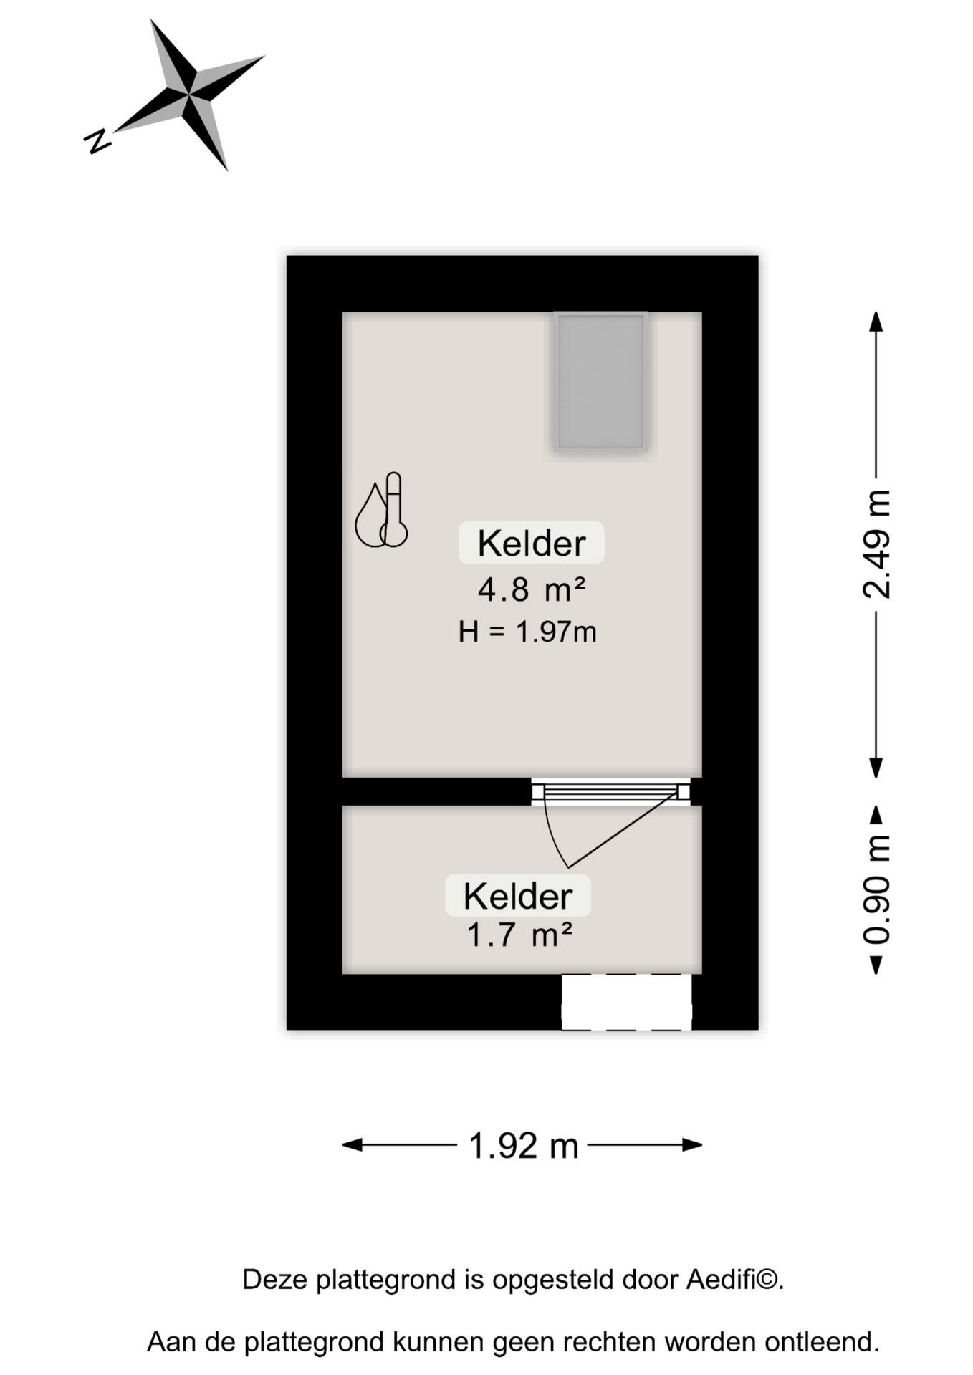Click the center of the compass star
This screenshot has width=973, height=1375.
click(189, 94)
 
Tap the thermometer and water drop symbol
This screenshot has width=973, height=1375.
click(381, 510)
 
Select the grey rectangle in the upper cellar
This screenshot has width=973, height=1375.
click(600, 382)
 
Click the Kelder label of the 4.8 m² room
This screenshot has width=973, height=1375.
click(532, 543)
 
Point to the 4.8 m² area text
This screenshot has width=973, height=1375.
click(532, 590)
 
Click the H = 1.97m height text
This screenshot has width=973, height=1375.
click(527, 632)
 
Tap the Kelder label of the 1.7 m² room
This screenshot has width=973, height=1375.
click(518, 896)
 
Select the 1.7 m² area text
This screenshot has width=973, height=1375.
click(519, 935)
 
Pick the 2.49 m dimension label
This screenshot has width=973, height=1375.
click(876, 544)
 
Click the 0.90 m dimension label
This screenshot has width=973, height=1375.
click(876, 890)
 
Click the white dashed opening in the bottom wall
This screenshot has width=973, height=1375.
click(626, 1002)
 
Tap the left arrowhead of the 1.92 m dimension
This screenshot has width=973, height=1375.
click(352, 1145)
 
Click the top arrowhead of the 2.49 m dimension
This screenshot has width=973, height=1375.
click(876, 322)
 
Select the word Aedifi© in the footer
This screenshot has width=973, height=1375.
click(734, 1279)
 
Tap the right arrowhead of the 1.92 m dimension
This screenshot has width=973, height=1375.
click(692, 1145)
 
